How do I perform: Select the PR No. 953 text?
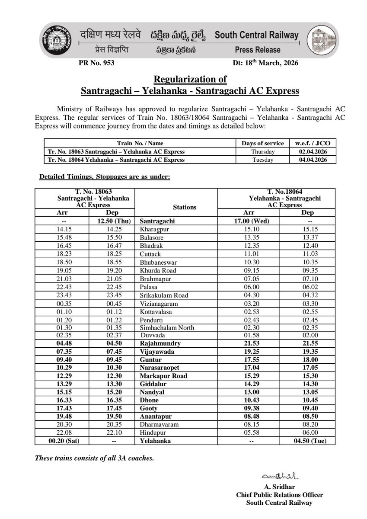93,63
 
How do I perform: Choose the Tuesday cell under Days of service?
262,160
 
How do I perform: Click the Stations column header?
184,207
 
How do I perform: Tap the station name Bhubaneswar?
158,262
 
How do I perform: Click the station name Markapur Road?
163,375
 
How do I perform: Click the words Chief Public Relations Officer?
279,495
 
